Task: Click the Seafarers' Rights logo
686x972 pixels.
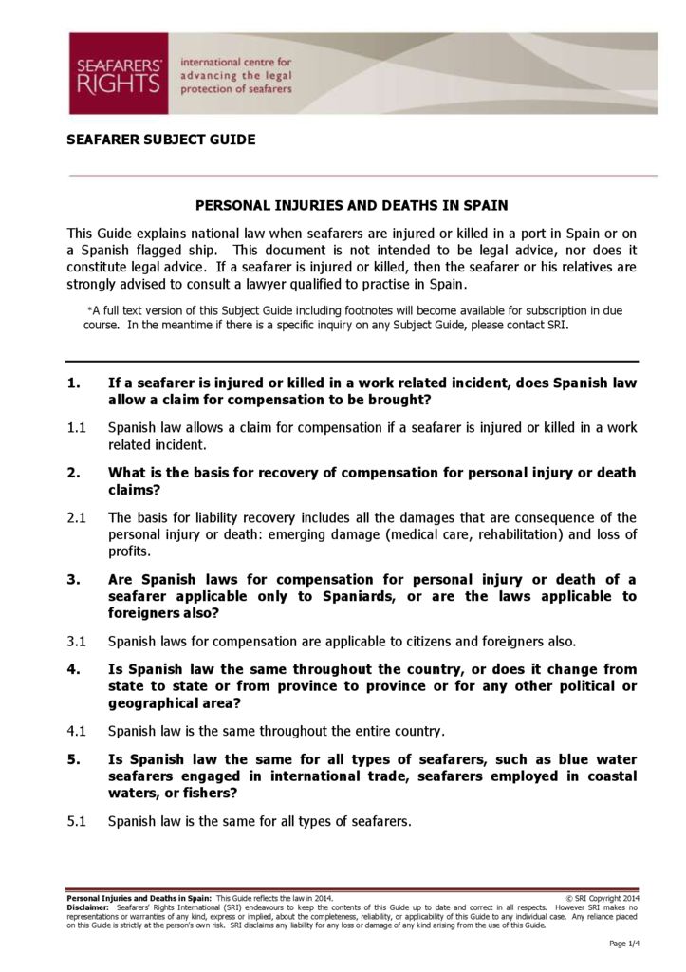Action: tap(118, 73)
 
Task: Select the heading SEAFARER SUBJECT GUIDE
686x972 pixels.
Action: tap(160, 140)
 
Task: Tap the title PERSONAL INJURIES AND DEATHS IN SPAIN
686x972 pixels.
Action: tap(351, 205)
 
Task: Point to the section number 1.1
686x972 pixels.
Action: tap(76, 428)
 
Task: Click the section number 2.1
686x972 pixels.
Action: tap(77, 517)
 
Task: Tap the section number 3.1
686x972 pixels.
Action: tap(77, 641)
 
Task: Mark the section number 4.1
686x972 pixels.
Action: tap(77, 731)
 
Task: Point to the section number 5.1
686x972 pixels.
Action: tap(77, 821)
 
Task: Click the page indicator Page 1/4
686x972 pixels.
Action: tap(624, 943)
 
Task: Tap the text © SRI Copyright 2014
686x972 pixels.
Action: tap(603, 897)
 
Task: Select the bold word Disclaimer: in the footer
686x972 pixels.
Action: tap(87, 907)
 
